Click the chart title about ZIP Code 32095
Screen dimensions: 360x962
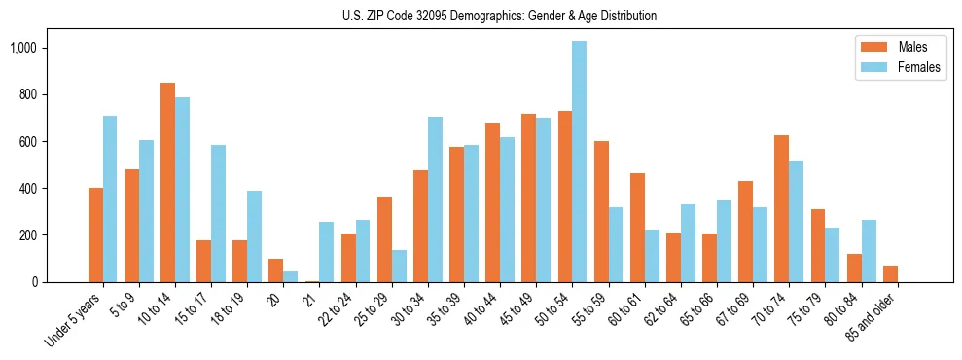[x=499, y=16]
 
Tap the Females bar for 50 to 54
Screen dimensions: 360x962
[x=579, y=162]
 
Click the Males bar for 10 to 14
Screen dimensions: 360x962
[x=167, y=182]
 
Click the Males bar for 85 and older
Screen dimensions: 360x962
[x=890, y=273]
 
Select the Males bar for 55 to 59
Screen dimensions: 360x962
[x=601, y=211]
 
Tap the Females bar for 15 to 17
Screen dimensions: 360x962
[x=218, y=213]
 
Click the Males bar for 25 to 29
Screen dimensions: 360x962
[x=384, y=239]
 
